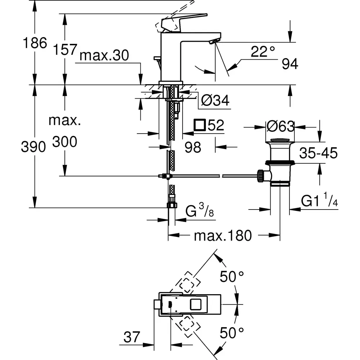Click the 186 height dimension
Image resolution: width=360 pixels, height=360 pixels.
pos(35,43)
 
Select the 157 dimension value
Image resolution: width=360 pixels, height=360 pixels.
pos(65,49)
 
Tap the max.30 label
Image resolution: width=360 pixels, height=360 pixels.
pos(104,55)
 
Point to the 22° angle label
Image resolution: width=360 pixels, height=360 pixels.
pos(263,51)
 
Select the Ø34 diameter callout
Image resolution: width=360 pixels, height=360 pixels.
pos(215,100)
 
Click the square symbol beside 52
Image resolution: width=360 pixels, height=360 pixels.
pos(199,125)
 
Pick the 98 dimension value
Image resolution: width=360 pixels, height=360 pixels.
pos(193,147)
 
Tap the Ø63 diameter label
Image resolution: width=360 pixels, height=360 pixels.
pos(280,126)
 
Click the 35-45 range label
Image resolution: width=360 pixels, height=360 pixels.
pos(319,153)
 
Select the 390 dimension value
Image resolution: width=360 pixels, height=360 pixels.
pos(33,147)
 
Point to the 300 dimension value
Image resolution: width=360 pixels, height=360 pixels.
pos(65,141)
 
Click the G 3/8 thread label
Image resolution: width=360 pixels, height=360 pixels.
pos(199,210)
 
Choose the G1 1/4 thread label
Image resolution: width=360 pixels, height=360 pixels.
pos(319,199)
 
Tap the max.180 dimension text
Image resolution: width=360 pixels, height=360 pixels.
pos(223,235)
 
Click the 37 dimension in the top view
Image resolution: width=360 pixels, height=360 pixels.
pos(132,337)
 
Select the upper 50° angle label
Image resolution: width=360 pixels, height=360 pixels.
pos(231,276)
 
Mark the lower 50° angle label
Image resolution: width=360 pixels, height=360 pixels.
pos(231,333)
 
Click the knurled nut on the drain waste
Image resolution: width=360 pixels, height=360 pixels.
pos(260,176)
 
